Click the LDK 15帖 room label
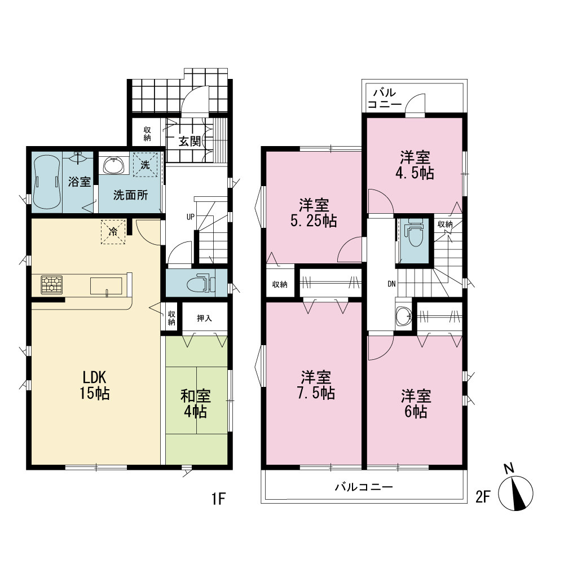click(95, 385)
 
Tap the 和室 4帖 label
click(195, 404)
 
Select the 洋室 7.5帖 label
click(316, 385)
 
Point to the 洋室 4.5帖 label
click(415, 165)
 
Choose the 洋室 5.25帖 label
click(314, 213)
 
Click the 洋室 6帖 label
click(416, 404)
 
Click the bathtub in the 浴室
click(46, 182)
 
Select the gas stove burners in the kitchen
click(52, 285)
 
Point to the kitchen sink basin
click(106, 286)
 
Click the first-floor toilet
click(201, 284)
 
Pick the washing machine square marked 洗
click(146, 165)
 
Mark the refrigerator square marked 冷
click(113, 232)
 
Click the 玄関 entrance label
click(190, 142)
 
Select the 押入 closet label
click(204, 318)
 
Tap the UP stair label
click(190, 217)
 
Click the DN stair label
click(392, 284)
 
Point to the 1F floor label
click(218, 499)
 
